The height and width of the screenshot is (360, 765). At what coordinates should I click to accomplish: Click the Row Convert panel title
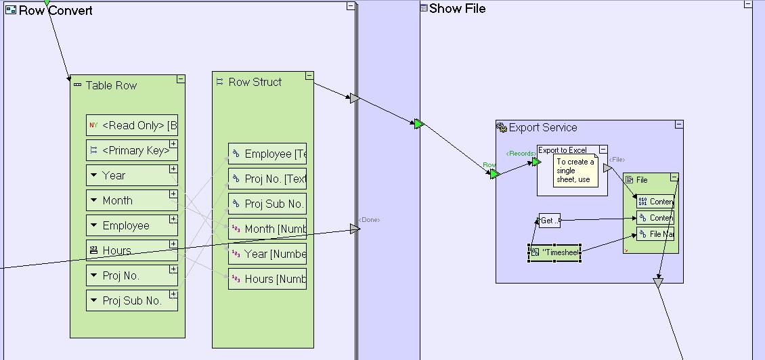tap(56, 11)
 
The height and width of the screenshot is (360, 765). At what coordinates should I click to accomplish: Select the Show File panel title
tap(457, 9)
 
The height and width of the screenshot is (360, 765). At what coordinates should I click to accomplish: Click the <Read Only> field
tap(131, 125)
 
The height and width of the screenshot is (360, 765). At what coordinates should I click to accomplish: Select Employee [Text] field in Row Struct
tap(267, 154)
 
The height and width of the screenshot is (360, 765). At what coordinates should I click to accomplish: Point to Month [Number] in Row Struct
tap(267, 229)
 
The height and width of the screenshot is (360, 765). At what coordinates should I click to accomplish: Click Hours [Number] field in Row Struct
tap(267, 279)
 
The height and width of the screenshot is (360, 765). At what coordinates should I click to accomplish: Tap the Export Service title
tap(542, 127)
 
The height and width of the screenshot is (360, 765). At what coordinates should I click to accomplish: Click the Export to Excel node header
tap(563, 150)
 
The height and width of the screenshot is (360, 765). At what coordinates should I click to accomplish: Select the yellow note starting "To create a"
tap(575, 171)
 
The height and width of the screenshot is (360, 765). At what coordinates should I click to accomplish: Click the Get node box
tap(549, 221)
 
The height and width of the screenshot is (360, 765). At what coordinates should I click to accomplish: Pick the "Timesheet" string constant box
tap(554, 253)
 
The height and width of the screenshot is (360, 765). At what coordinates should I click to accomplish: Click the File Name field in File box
tap(655, 234)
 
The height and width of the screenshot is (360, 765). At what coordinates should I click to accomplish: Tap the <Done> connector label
tap(370, 219)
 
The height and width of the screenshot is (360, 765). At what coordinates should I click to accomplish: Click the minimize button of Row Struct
tap(309, 76)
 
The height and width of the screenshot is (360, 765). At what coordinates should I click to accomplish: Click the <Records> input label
tap(520, 154)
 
